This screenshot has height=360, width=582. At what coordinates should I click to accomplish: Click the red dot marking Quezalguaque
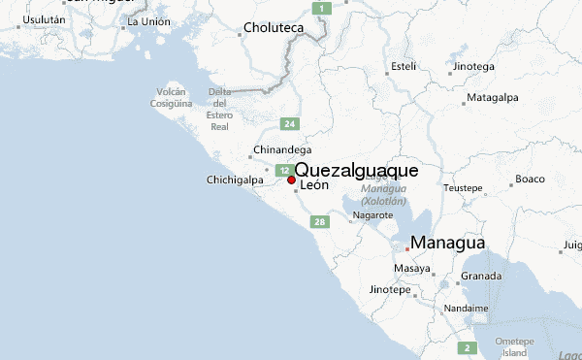(291, 180)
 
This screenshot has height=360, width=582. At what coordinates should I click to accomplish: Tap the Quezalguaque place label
(357, 170)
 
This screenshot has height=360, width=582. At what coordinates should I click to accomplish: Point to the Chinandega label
(281, 150)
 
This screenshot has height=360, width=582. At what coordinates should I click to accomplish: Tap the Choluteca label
(275, 28)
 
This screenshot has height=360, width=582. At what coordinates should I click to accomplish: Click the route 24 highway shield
(289, 124)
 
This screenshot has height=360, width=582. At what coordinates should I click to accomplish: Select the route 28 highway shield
(319, 222)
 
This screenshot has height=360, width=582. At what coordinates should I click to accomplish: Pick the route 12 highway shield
(283, 170)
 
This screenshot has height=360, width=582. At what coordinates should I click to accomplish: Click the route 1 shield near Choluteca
(325, 8)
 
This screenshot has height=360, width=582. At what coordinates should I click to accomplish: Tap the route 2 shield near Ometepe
(468, 347)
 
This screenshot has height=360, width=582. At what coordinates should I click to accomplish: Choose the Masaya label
(412, 268)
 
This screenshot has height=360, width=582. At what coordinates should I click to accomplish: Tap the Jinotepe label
(391, 290)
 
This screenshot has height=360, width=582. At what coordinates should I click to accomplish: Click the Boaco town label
(530, 179)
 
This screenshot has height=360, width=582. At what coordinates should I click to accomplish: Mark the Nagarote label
(372, 214)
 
